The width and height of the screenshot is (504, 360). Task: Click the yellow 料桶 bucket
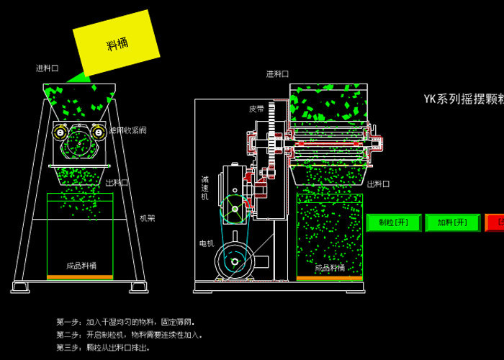[116, 44]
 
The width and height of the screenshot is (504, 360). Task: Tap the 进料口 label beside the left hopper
[48, 69]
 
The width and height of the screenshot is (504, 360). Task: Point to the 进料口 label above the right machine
[277, 74]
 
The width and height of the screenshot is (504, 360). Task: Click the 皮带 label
[256, 109]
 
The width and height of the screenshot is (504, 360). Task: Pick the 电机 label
[207, 243]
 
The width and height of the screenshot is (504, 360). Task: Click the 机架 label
[147, 217]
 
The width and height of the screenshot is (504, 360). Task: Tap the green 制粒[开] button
[393, 222]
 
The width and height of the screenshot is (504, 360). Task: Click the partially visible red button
[495, 222]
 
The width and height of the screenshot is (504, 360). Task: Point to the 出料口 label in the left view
[117, 183]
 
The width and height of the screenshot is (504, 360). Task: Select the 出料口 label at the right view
[379, 184]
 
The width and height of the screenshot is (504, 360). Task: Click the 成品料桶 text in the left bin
[81, 265]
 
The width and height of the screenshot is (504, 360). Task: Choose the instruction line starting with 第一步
[126, 321]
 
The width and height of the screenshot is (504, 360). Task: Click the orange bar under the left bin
[80, 277]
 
